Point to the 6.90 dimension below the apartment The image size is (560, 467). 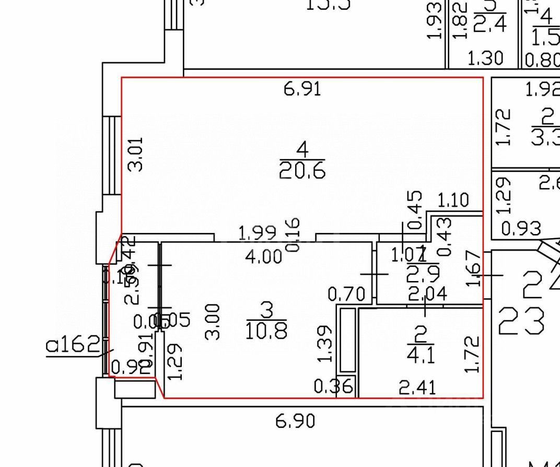click(x=296, y=421)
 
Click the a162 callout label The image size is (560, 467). click(x=73, y=345)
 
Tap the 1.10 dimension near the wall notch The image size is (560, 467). click(x=453, y=200)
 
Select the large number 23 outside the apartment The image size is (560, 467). click(x=521, y=321)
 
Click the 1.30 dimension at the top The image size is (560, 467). click(x=485, y=58)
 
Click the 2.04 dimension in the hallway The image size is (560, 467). click(x=427, y=295)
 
